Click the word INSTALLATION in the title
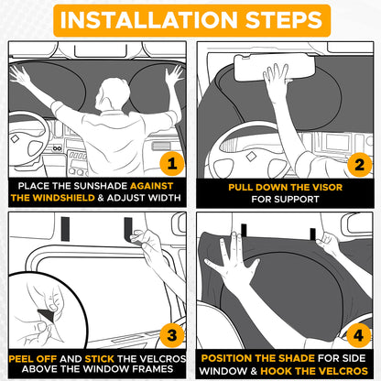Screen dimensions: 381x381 tap(149, 20)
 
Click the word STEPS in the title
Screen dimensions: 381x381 tap(284, 20)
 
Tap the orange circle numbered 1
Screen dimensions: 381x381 tap(172, 164)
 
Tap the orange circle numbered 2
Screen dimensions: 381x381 tap(360, 165)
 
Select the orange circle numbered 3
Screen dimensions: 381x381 tap(172, 335)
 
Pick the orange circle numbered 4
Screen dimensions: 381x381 tap(358, 335)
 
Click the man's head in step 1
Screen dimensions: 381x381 tap(113, 94)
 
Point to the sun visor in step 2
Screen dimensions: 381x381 tap(274, 67)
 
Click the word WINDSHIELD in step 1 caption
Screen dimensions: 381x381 tap(63, 198)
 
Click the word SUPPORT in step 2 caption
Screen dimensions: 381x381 tap(297, 200)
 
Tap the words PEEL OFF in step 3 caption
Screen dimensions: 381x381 tap(33, 359)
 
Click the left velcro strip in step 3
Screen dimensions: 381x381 tap(65, 229)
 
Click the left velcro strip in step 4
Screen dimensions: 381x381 tap(244, 231)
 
